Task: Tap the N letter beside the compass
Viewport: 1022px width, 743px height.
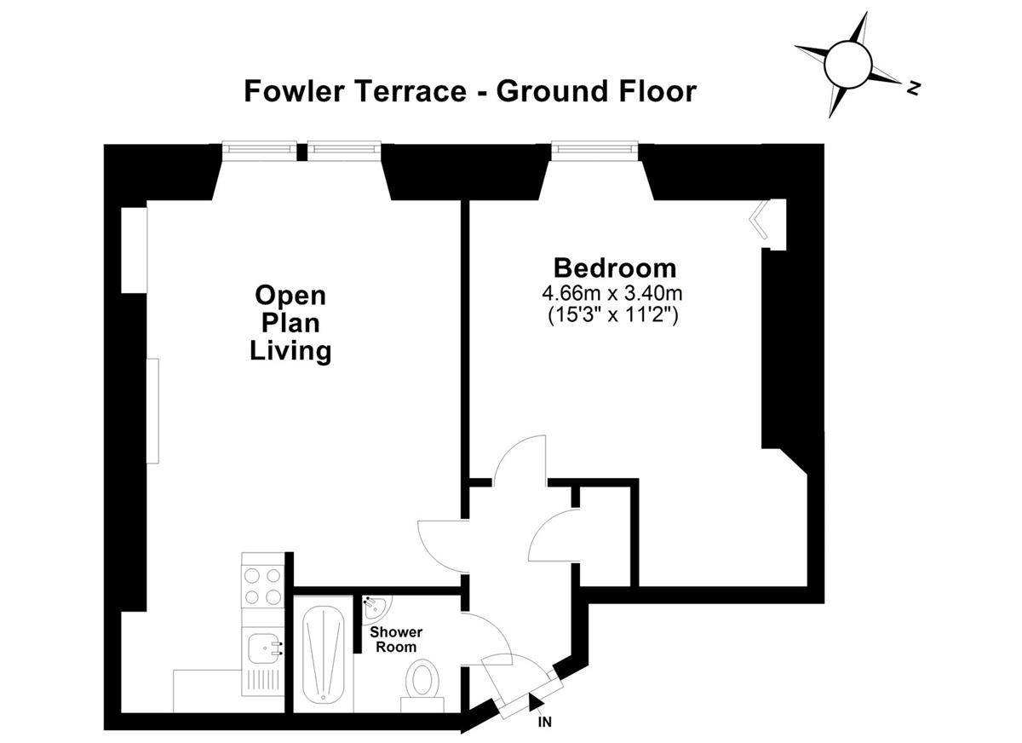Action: tap(912, 88)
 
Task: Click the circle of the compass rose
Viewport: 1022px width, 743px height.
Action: tap(848, 64)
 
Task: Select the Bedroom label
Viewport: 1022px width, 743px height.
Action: tap(615, 268)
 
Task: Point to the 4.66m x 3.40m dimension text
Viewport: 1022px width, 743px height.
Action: tap(612, 293)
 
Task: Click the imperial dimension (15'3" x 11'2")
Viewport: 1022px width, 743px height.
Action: tap(613, 315)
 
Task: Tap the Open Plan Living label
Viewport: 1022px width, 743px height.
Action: tap(290, 323)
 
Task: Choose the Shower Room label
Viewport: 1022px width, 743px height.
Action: tap(396, 639)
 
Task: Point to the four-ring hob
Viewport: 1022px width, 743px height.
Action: tap(262, 586)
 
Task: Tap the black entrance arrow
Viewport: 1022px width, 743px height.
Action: tap(534, 702)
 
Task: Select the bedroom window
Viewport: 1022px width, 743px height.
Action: tap(594, 151)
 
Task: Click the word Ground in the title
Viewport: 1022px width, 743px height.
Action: tap(553, 91)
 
